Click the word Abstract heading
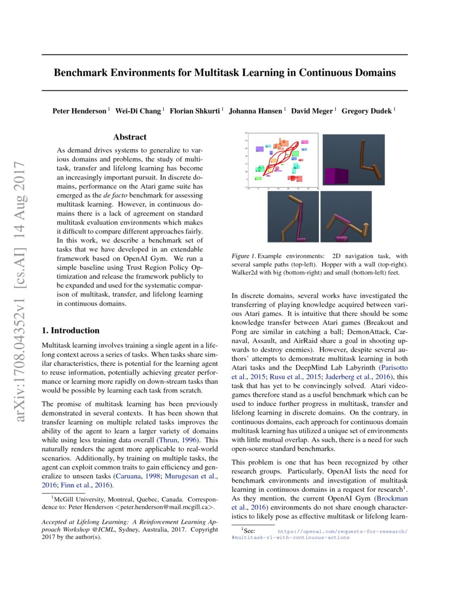[x=130, y=137]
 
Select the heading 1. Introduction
[x=71, y=331]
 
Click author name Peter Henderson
[x=80, y=111]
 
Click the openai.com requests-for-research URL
[x=342, y=532]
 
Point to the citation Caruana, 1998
[x=131, y=477]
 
